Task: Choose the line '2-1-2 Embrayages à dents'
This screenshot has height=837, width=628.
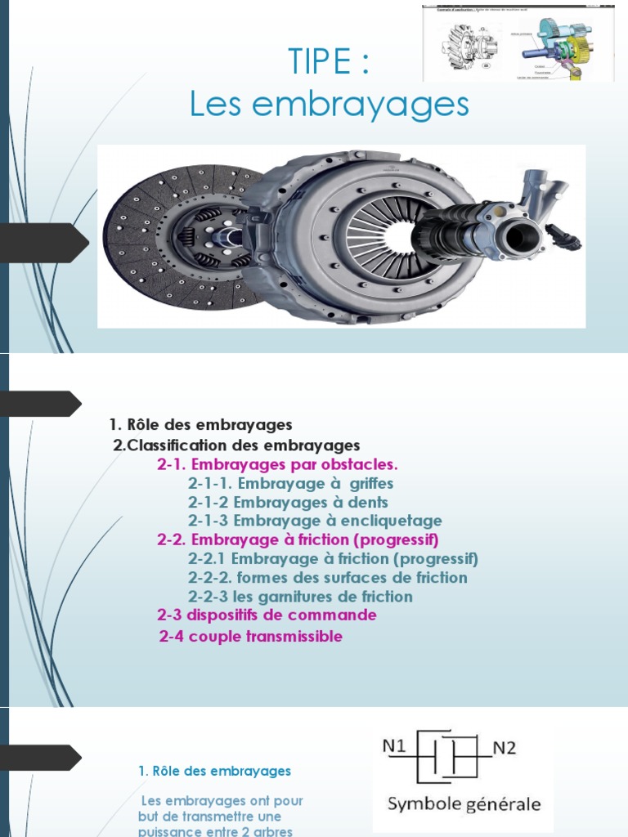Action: point(288,502)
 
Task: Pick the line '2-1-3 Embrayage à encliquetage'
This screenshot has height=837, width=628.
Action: point(315,521)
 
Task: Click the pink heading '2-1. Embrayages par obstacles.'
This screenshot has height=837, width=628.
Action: point(277,464)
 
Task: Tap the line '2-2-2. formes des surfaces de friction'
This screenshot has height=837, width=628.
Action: point(327,578)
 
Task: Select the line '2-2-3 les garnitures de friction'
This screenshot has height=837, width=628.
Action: point(300,597)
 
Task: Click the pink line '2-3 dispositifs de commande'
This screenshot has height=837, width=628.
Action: point(267,615)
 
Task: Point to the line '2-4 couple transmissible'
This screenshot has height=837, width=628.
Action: point(250,636)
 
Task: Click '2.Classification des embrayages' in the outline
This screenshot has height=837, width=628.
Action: point(236,445)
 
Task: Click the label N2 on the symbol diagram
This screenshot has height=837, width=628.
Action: point(505,747)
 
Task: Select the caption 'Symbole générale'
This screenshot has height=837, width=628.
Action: point(464,804)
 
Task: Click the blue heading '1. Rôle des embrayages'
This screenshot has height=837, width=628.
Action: point(214,771)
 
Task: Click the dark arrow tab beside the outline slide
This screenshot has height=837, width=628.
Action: point(41,403)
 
